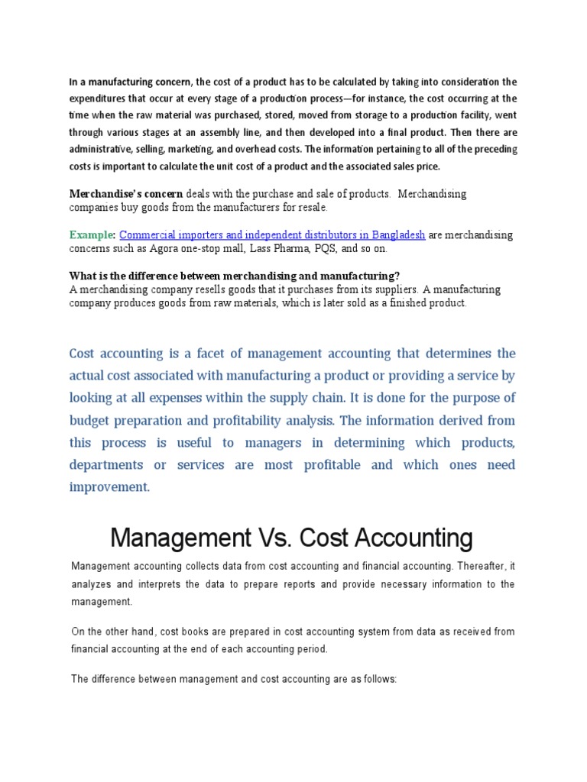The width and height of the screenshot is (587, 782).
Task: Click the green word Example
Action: click(92, 235)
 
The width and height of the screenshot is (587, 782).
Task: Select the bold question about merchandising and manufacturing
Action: click(235, 276)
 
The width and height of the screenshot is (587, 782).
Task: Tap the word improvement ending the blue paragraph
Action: click(109, 486)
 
